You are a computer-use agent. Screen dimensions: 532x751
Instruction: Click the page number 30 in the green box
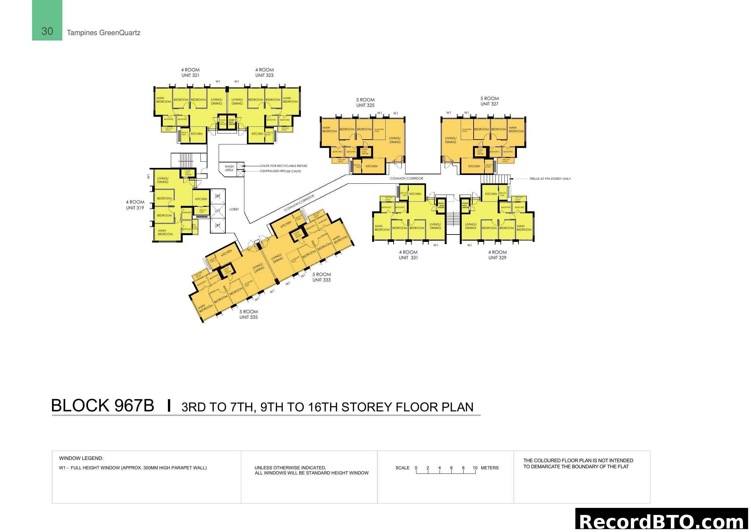point(47,31)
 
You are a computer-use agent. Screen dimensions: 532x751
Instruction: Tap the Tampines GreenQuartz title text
point(103,33)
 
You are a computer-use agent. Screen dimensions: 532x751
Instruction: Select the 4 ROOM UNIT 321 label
point(190,72)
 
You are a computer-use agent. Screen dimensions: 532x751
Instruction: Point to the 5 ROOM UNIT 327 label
point(489,101)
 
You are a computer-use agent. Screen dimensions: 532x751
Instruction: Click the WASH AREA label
point(229,168)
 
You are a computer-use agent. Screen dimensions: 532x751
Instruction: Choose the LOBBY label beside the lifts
point(234,209)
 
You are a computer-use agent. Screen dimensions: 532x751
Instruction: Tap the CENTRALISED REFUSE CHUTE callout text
point(280,171)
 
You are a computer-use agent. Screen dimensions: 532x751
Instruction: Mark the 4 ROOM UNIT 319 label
point(135,205)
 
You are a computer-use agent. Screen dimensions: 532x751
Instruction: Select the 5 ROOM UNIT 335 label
point(249,315)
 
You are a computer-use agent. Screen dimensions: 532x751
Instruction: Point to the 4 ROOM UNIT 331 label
point(408,255)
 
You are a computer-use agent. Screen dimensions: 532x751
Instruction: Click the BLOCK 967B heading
point(102,406)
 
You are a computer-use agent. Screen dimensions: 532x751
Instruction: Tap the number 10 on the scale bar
point(475,468)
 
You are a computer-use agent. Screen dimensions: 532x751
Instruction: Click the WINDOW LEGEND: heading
point(81,458)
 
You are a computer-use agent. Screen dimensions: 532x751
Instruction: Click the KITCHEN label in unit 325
point(371,166)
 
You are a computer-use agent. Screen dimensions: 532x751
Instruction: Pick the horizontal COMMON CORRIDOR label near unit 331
point(406,179)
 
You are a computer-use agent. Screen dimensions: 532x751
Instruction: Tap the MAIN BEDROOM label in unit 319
point(165,233)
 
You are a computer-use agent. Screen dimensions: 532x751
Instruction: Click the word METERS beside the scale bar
point(490,468)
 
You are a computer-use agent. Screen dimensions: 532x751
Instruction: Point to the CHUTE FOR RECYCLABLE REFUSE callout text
point(283,166)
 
